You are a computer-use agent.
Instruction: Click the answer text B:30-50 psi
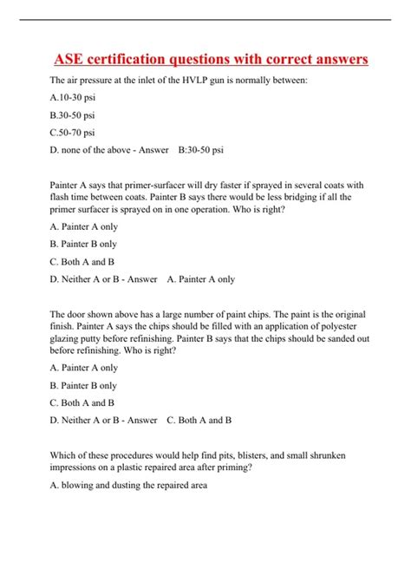point(201,149)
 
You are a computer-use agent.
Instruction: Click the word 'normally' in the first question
point(272,81)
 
